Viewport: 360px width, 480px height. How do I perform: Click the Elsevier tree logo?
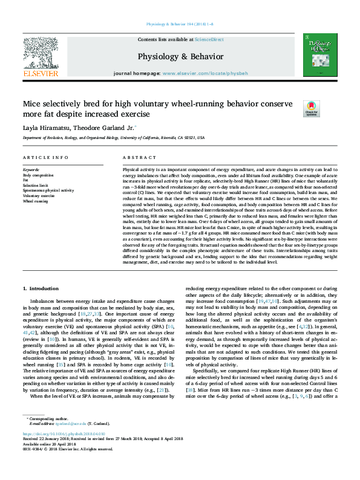point(41,53)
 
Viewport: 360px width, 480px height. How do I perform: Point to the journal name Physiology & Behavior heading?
point(180,56)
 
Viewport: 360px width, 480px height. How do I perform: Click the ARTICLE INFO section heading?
point(45,158)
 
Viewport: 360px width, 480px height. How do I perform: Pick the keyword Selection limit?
point(35,186)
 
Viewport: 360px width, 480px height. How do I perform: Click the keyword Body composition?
point(37,175)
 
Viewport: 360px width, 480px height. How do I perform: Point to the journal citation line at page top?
point(180,24)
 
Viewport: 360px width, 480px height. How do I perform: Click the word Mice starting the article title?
point(33,103)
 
